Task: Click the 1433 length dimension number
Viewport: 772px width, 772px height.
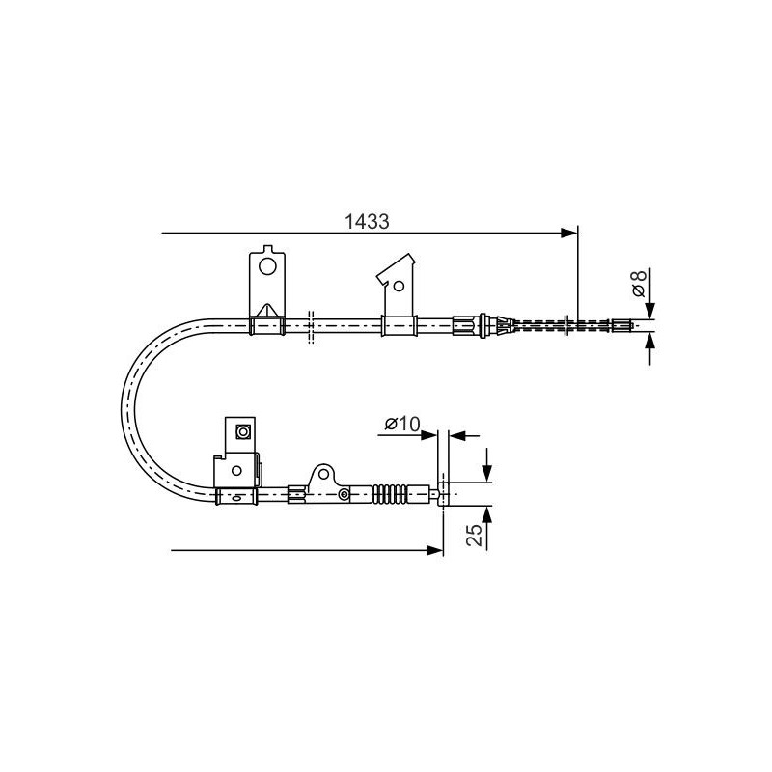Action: (367, 222)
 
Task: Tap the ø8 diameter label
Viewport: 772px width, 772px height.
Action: (639, 283)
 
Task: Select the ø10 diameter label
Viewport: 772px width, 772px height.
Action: (402, 424)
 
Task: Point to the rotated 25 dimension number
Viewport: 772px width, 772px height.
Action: (474, 535)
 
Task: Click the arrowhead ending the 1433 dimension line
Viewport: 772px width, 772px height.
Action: (569, 233)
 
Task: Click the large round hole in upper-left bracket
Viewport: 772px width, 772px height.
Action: (268, 267)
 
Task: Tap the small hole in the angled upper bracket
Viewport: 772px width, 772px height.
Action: (399, 286)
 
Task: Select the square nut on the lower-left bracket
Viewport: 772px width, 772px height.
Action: (243, 431)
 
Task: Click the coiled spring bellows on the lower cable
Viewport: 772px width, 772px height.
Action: (390, 494)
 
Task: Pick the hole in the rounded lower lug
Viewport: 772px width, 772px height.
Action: (323, 474)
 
